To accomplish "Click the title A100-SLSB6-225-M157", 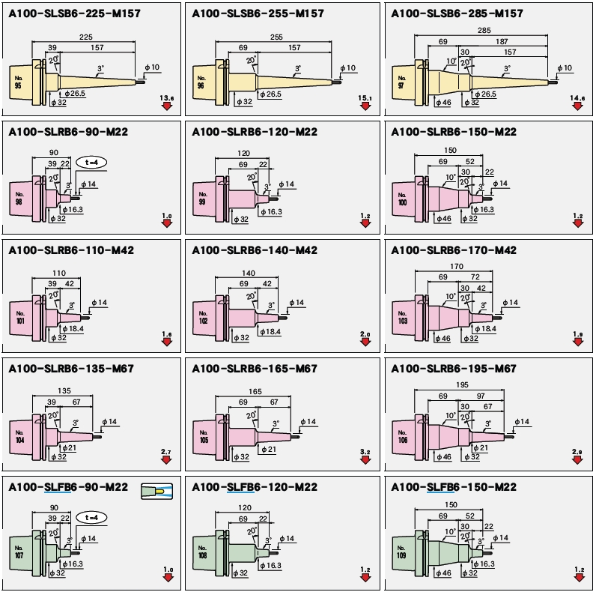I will pos(67,13).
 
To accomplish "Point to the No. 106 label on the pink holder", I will pos(402,437).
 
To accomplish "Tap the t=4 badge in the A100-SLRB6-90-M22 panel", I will pos(91,162).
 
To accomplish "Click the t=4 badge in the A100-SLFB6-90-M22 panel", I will pos(91,517).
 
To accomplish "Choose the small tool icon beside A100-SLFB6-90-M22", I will pos(157,491).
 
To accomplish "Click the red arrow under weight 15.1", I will pos(365,107).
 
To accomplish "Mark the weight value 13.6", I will pos(166,98).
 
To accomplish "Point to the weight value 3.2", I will pos(365,452).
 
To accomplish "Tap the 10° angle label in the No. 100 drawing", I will pos(450,178).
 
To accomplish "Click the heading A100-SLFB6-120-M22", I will pos(255,487).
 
